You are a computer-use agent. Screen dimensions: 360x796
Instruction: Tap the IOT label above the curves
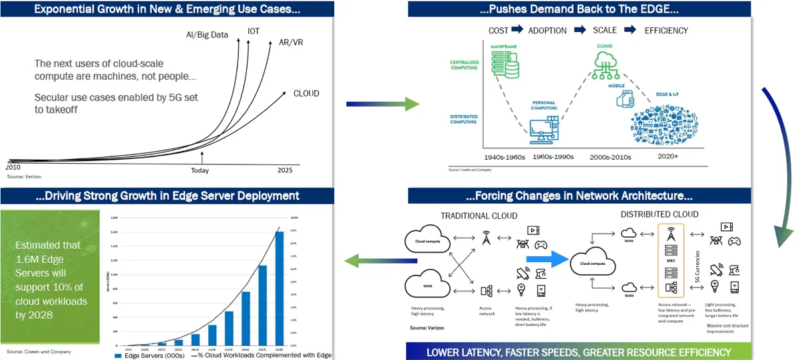tap(254, 31)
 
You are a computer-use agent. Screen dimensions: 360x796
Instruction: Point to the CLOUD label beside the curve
tap(306, 94)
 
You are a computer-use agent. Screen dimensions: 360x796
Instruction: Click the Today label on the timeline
tap(200, 171)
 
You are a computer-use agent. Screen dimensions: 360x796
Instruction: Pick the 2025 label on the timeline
tap(285, 170)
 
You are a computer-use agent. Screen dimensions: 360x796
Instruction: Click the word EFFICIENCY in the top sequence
tap(666, 31)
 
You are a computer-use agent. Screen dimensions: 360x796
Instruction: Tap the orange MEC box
tap(670, 260)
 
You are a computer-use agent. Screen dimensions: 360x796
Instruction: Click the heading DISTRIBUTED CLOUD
tap(660, 214)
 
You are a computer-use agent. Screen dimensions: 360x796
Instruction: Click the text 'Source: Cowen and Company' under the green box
tap(39, 351)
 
